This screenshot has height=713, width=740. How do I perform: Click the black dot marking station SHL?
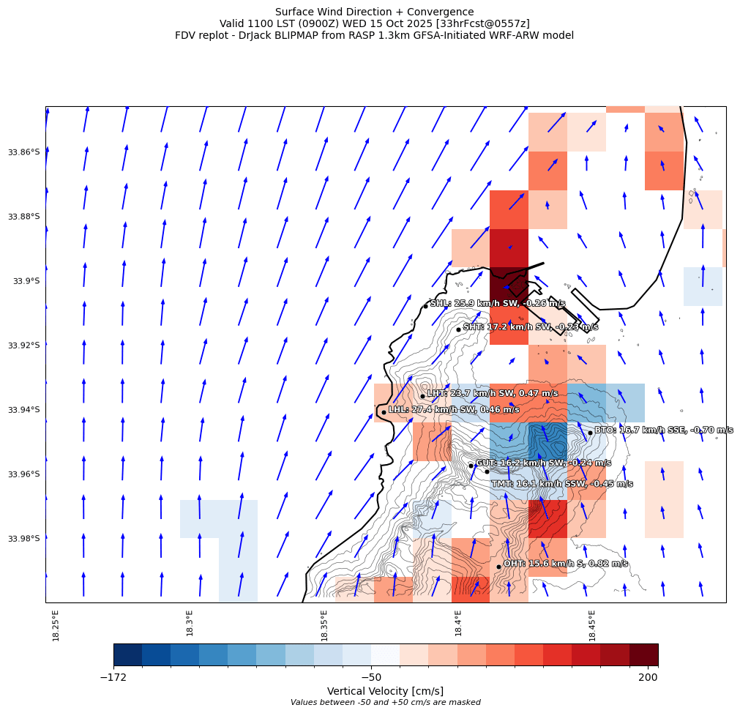425,306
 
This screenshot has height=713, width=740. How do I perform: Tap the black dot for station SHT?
458,329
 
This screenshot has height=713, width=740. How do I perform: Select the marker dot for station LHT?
422,396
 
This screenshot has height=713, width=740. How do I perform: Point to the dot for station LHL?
384,412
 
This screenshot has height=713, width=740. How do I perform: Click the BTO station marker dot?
590,433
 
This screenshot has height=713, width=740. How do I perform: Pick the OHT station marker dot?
498,567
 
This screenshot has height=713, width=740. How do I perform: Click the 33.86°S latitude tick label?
24,152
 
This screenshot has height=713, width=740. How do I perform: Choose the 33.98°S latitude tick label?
24,539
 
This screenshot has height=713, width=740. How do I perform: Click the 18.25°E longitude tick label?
56,625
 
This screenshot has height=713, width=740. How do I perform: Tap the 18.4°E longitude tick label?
458,624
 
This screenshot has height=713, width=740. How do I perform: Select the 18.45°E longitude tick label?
592,625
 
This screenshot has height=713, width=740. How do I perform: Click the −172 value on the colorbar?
113,678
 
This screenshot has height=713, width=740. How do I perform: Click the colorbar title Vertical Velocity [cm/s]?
385,691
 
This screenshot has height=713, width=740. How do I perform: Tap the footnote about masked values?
385,703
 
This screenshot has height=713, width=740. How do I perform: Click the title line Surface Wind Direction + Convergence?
374,12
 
